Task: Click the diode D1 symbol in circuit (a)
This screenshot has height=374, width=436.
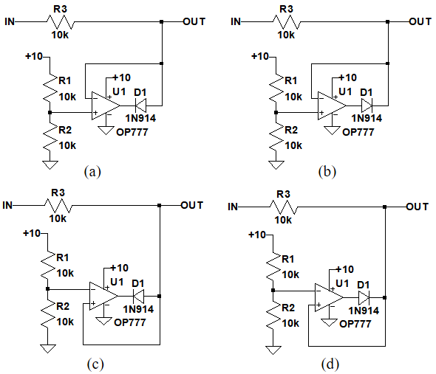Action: coord(140,105)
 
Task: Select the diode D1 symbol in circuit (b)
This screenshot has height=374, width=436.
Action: coord(367,105)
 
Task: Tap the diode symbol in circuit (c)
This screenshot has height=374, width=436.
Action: coord(138,297)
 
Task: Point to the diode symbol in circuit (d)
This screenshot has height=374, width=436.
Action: coord(364,297)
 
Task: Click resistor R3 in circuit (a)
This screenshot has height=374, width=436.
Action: coord(61,21)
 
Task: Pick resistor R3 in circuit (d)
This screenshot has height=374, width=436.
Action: coord(284,207)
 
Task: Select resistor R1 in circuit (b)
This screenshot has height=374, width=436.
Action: coord(276,88)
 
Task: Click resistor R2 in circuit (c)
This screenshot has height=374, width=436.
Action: coord(48,314)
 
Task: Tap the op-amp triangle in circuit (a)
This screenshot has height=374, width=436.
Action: coord(106,105)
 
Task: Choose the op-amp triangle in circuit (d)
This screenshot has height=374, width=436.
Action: coord(329,297)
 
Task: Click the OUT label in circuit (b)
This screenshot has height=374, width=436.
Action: coord(420,21)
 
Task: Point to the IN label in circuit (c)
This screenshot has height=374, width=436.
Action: coord(7,205)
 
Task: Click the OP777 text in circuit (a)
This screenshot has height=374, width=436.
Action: coord(132,132)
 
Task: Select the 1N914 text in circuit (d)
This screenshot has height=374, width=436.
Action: coord(364,311)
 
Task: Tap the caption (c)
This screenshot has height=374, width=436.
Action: coord(95,364)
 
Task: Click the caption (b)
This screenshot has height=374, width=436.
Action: coord(327,172)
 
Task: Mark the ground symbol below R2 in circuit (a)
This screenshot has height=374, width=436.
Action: coord(50,165)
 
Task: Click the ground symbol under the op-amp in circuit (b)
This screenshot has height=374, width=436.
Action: coord(332,131)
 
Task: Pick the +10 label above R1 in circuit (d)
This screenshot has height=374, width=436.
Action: coord(257,235)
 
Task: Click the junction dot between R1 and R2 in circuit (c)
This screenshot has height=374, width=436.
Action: coord(48,289)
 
